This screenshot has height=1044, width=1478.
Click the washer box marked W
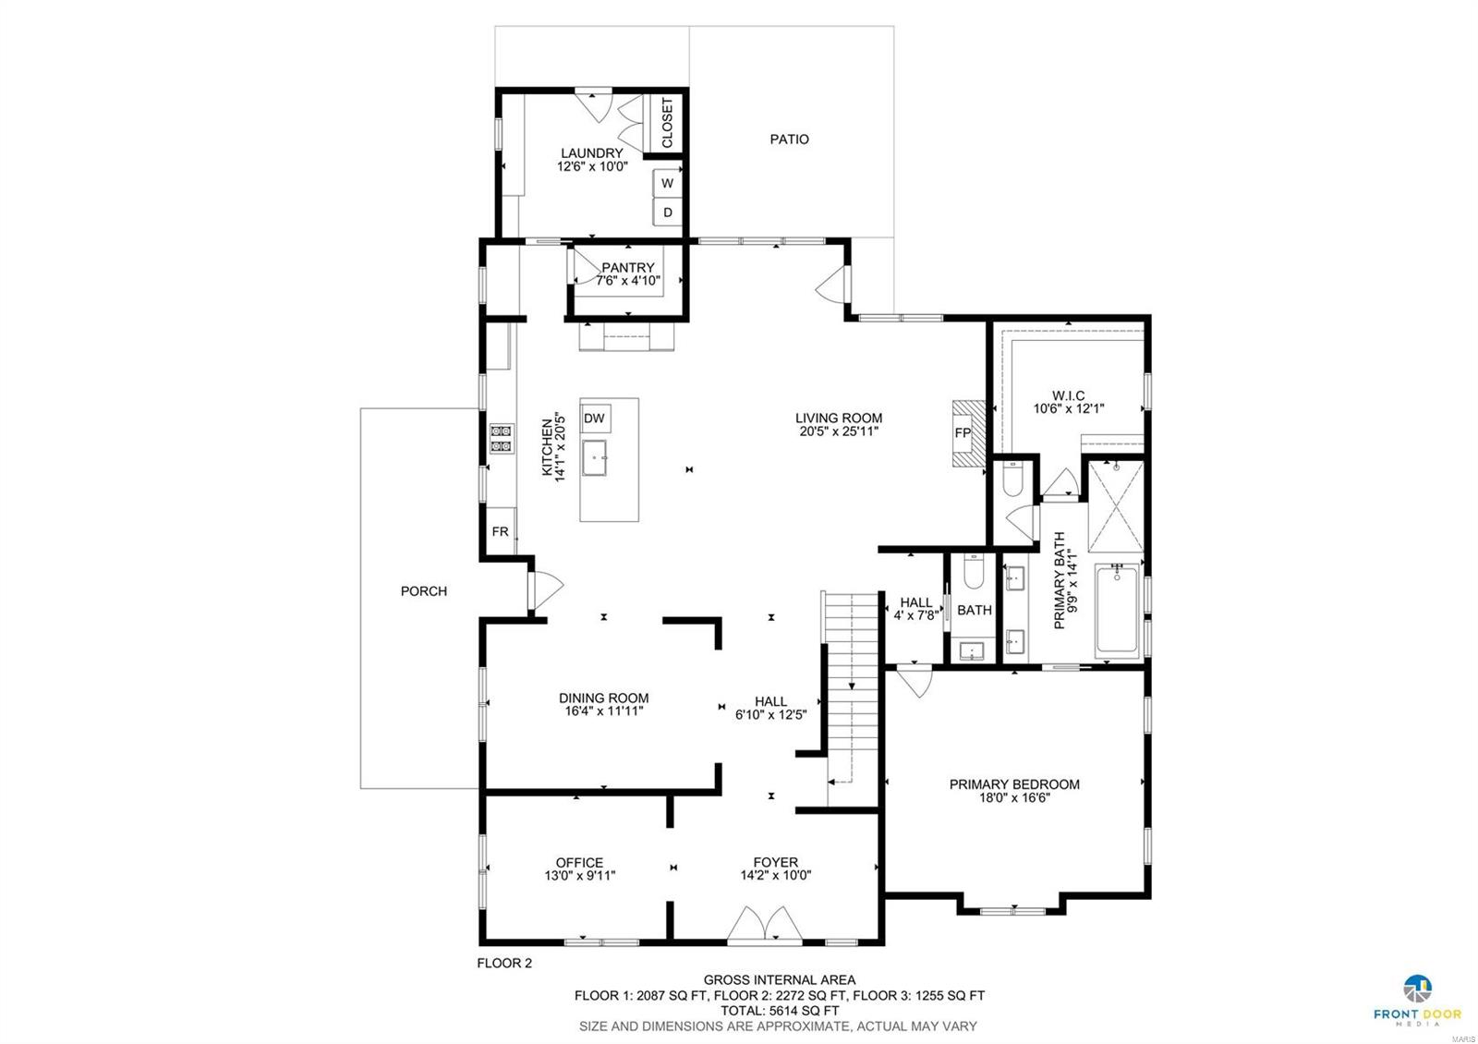coord(667,183)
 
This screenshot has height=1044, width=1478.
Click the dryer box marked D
coord(667,212)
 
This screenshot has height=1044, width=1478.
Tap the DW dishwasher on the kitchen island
coord(594,419)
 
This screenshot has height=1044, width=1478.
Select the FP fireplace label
coord(963,433)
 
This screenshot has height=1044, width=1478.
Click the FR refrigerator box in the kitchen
coord(500,532)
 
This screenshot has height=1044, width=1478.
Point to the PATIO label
coord(789,140)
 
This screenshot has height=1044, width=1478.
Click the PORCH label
coord(424,591)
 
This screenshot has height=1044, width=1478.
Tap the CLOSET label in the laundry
coord(667,123)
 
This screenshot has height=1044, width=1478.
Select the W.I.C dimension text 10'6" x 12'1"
coord(1069,408)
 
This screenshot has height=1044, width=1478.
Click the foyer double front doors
coord(764,924)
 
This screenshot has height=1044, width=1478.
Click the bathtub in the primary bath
coord(1118,612)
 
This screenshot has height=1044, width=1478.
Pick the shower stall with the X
coord(1116,505)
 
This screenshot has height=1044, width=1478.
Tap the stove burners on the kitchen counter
coord(502,439)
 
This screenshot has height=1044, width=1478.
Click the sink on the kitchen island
coord(595,456)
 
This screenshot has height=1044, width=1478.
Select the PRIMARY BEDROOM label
coord(1014,784)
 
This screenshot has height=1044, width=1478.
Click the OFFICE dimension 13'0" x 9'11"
coord(579,877)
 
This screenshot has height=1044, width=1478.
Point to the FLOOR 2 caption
coord(504,963)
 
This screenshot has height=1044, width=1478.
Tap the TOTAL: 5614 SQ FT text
coord(780,1011)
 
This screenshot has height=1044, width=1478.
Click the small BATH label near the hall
coord(974,610)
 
